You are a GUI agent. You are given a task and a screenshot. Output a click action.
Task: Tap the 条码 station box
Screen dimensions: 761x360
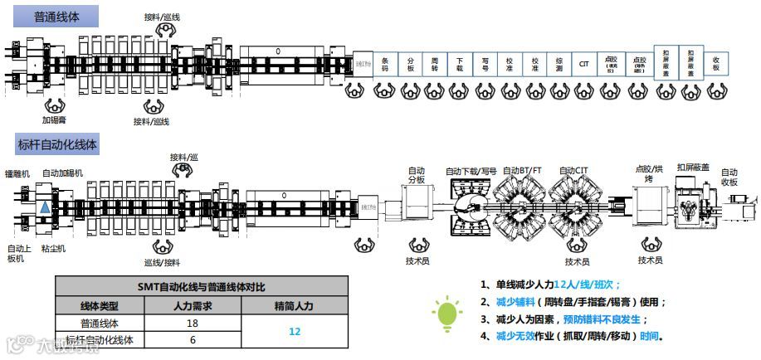(385, 63)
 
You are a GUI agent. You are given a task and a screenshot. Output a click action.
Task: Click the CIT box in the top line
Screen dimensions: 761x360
(584, 63)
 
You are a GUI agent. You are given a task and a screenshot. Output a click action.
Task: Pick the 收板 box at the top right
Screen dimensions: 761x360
(716, 63)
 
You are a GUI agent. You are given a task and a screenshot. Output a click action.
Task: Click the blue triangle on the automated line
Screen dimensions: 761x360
(43, 206)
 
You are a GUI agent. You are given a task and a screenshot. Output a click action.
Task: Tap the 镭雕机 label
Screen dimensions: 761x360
(17, 173)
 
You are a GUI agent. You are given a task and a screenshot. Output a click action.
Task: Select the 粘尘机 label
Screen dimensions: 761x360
(53, 248)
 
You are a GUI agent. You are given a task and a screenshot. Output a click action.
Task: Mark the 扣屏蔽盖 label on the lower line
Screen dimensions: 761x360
(692, 167)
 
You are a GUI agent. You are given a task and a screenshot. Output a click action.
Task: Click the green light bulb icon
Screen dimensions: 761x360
(446, 312)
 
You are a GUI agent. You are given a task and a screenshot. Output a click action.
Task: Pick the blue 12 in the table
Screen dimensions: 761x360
(295, 330)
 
